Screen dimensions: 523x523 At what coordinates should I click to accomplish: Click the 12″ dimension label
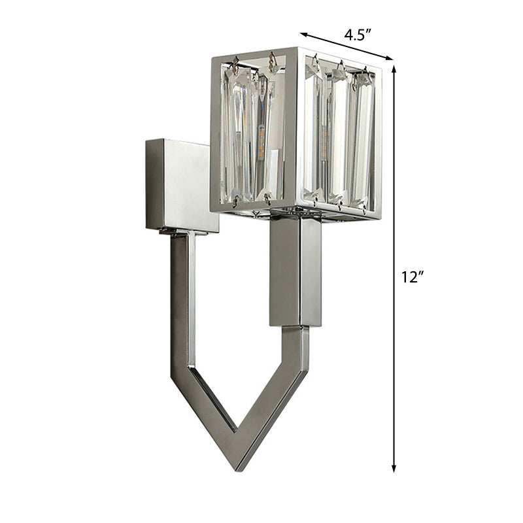coord(413,277)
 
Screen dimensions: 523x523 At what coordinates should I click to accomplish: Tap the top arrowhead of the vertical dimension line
coord(394,69)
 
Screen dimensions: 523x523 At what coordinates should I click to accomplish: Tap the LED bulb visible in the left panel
coord(261,143)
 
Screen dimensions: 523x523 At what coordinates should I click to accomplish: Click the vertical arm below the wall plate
coord(182,301)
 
